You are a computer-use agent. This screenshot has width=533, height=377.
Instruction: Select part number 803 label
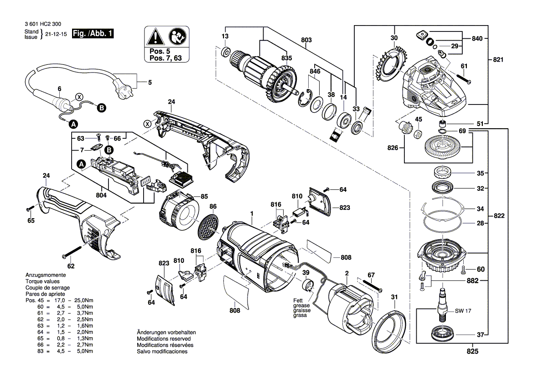coord(306,41)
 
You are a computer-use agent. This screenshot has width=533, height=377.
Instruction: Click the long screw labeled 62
coord(72,251)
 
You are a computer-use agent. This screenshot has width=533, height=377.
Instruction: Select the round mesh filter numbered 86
coord(208,226)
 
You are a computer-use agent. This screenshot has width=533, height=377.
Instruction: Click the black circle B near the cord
coord(101,108)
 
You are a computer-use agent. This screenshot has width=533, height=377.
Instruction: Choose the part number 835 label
coord(286,58)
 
